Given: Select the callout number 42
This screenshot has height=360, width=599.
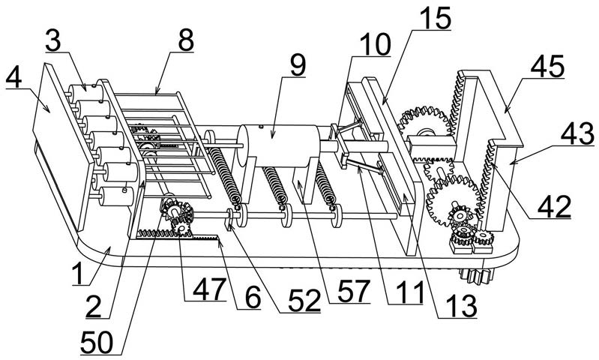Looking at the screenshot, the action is [554, 206].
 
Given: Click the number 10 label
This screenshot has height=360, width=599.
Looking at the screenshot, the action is [374, 44].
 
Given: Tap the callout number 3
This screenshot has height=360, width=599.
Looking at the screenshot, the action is [53, 40].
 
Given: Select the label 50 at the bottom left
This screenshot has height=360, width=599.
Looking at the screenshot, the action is [97, 342].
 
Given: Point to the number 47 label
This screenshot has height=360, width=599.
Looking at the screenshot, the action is [208, 289].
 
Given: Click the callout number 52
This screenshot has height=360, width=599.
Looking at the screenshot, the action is [304, 301].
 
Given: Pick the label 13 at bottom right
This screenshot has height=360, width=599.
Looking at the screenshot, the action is [462, 306].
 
